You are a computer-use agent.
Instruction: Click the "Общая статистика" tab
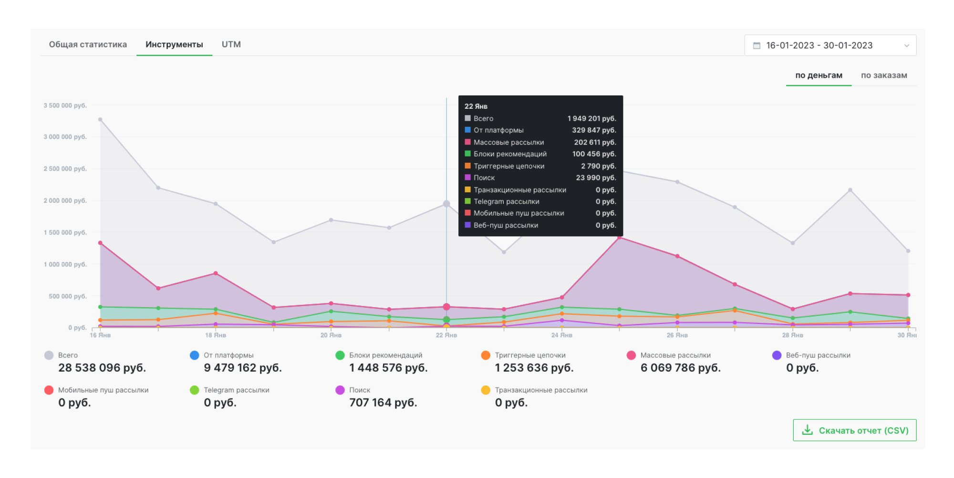point(88,44)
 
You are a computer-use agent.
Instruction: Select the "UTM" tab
point(231,44)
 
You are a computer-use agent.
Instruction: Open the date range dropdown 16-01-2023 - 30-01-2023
point(830,45)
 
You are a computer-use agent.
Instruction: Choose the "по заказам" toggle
point(884,75)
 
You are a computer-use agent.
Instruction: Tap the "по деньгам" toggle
point(819,75)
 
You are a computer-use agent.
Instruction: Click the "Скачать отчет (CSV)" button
point(854,430)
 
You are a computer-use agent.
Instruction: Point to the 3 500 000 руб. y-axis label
point(65,105)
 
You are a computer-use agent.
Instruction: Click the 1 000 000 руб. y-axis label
point(65,264)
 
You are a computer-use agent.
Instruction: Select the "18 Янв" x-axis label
point(216,335)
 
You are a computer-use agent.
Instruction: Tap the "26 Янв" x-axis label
point(677,335)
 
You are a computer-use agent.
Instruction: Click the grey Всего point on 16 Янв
point(100,120)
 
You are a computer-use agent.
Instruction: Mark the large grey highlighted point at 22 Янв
point(446,204)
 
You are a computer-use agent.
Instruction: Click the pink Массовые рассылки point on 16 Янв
point(100,243)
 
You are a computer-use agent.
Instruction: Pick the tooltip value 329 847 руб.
point(594,130)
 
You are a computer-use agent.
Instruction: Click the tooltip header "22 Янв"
point(476,106)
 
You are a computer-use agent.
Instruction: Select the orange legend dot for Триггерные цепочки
point(486,355)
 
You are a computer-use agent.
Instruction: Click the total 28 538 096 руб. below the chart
point(102,368)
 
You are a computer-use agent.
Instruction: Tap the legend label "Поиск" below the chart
point(360,390)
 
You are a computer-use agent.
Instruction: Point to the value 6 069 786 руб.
point(680,368)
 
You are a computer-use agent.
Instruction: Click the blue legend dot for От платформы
point(195,355)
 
